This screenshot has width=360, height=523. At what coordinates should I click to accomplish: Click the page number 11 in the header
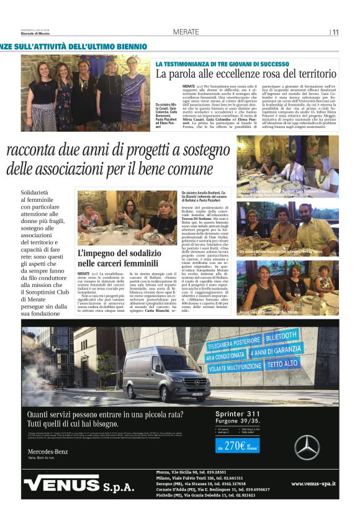click(x=335, y=32)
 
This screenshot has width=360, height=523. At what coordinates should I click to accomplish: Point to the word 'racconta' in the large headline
click(x=37, y=150)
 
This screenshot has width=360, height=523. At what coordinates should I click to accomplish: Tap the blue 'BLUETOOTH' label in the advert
click(x=280, y=339)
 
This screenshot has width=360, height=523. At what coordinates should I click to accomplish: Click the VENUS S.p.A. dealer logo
click(x=79, y=484)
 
